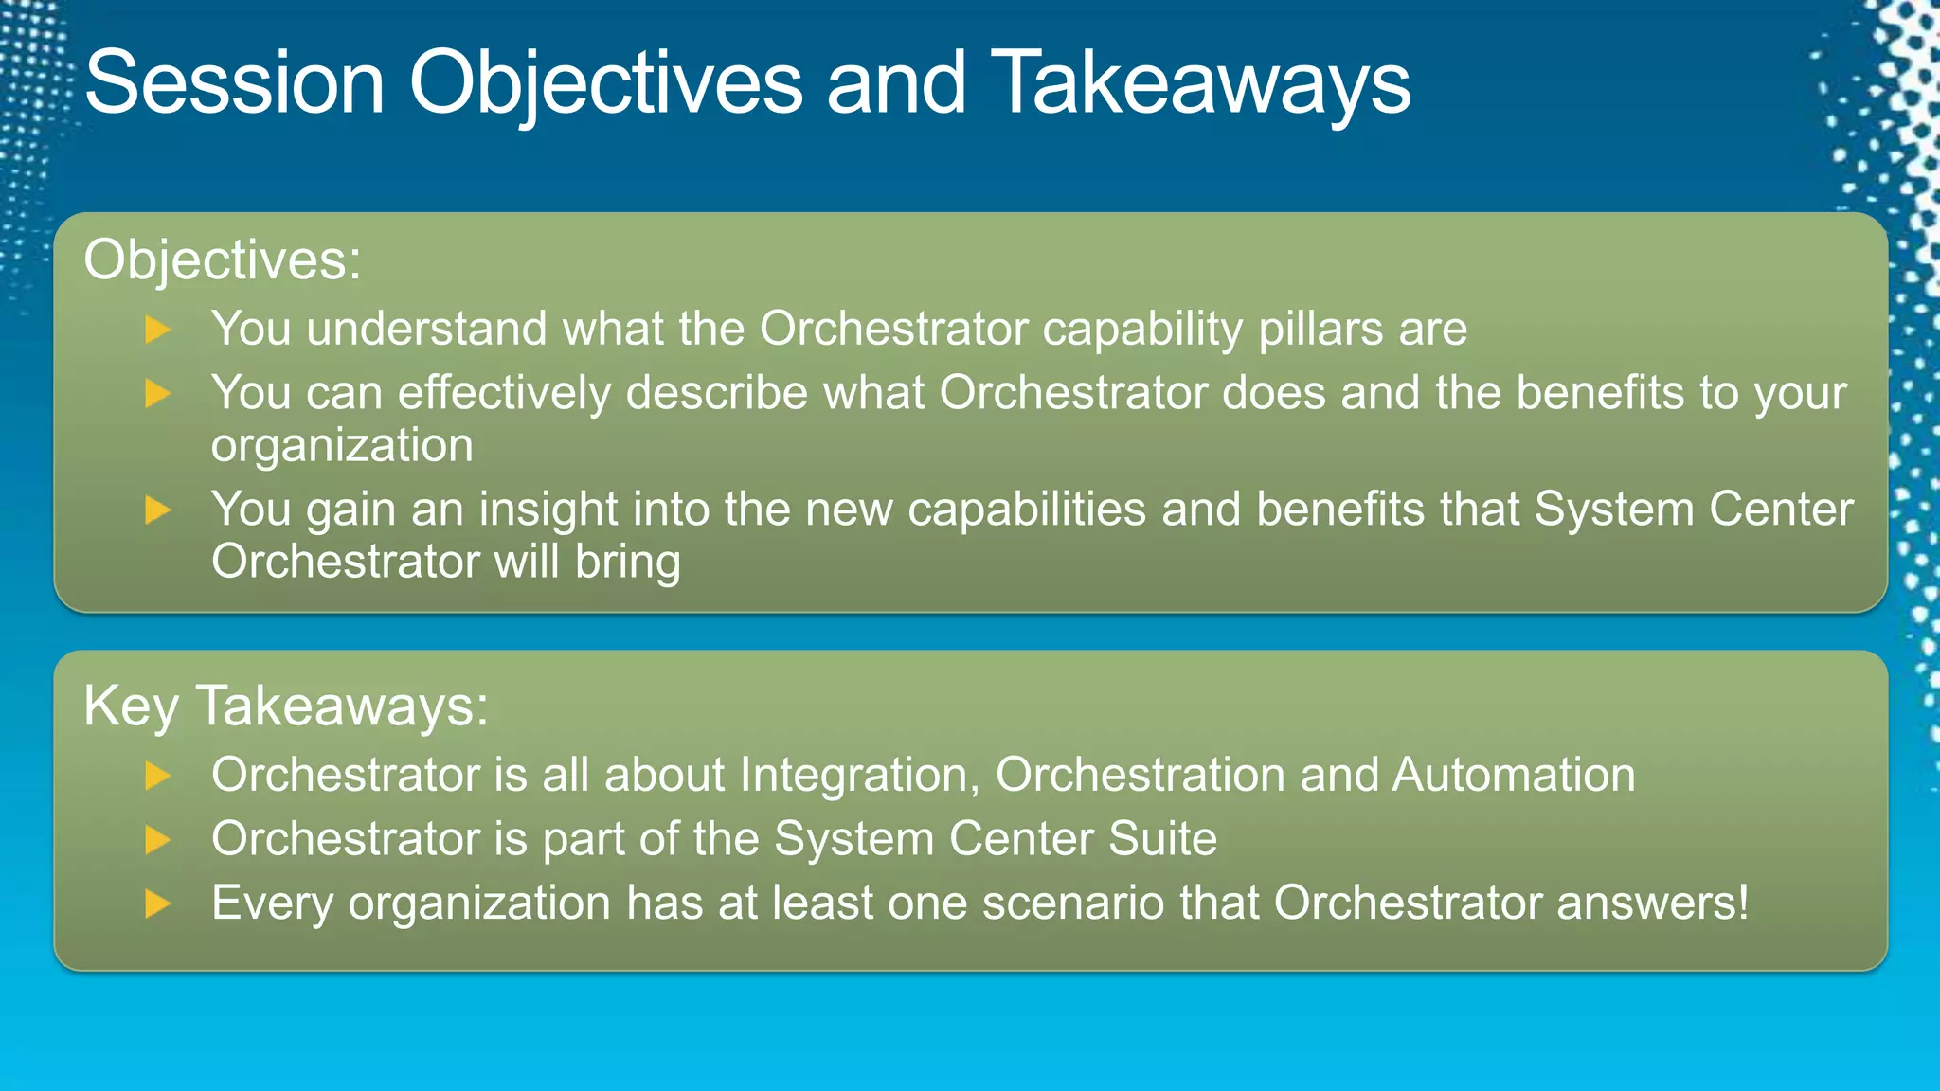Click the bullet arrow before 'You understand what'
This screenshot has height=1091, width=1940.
coord(157,330)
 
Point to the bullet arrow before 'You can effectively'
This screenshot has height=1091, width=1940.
coord(157,394)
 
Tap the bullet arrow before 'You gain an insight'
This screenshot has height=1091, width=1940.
coord(157,510)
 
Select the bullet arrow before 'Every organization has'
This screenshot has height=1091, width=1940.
coord(157,903)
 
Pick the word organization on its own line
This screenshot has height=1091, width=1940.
coord(342,446)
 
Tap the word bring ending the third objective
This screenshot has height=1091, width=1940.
coord(627,563)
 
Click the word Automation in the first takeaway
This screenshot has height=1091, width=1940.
coord(1513,776)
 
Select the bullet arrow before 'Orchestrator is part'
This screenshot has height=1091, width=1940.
coord(157,840)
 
